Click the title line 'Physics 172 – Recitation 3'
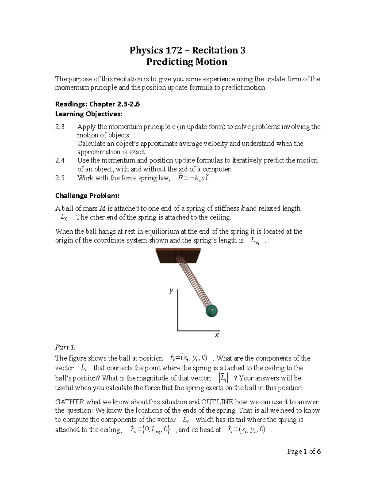[x=187, y=50]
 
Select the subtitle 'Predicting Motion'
[x=187, y=62]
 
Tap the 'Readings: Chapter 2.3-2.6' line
[x=97, y=104]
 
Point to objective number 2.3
[x=60, y=127]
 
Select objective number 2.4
[x=60, y=161]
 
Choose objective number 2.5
[x=60, y=178]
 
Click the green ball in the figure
[x=211, y=310]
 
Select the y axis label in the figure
[x=171, y=290]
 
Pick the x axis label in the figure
[x=217, y=335]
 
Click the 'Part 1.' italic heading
[x=65, y=347]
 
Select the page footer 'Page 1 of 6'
[x=304, y=452]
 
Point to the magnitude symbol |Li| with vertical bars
[x=223, y=378]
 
